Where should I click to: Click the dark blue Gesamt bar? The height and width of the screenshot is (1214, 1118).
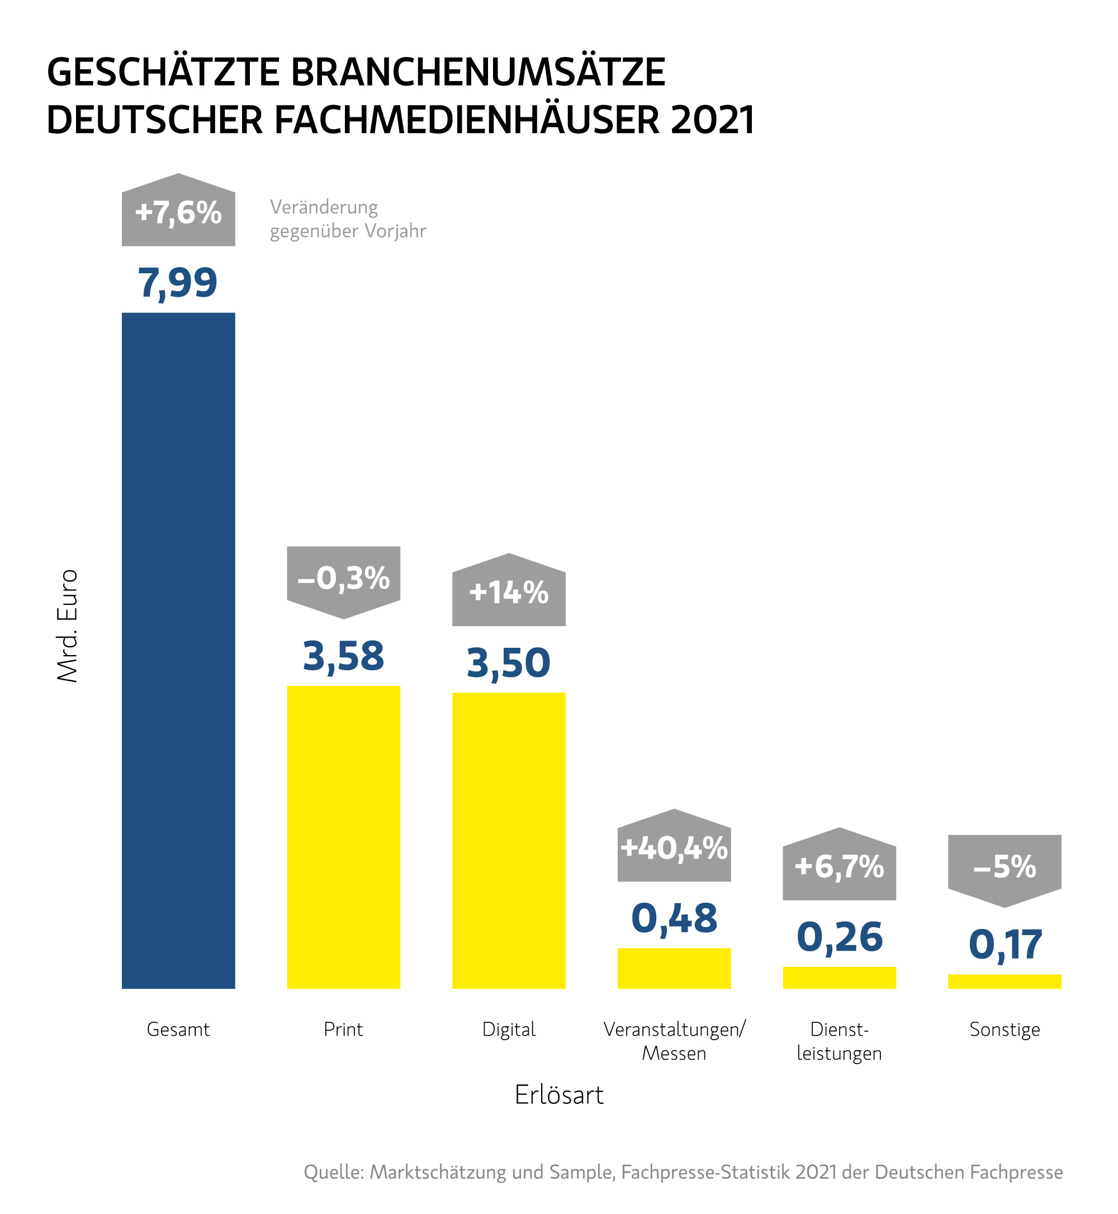point(178,650)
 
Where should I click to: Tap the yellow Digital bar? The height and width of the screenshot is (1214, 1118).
point(508,840)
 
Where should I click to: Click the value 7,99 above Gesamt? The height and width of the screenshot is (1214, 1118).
point(178,282)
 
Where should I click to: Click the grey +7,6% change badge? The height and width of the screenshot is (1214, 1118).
point(178,212)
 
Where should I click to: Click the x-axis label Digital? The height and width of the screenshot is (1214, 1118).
point(508,1029)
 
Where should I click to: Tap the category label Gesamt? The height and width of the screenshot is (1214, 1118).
point(178,1029)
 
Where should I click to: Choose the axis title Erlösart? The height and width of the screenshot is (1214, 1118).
point(558,1095)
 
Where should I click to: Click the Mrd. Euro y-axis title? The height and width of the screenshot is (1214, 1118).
point(67,626)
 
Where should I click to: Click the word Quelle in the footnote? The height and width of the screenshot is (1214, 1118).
point(333,1172)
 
